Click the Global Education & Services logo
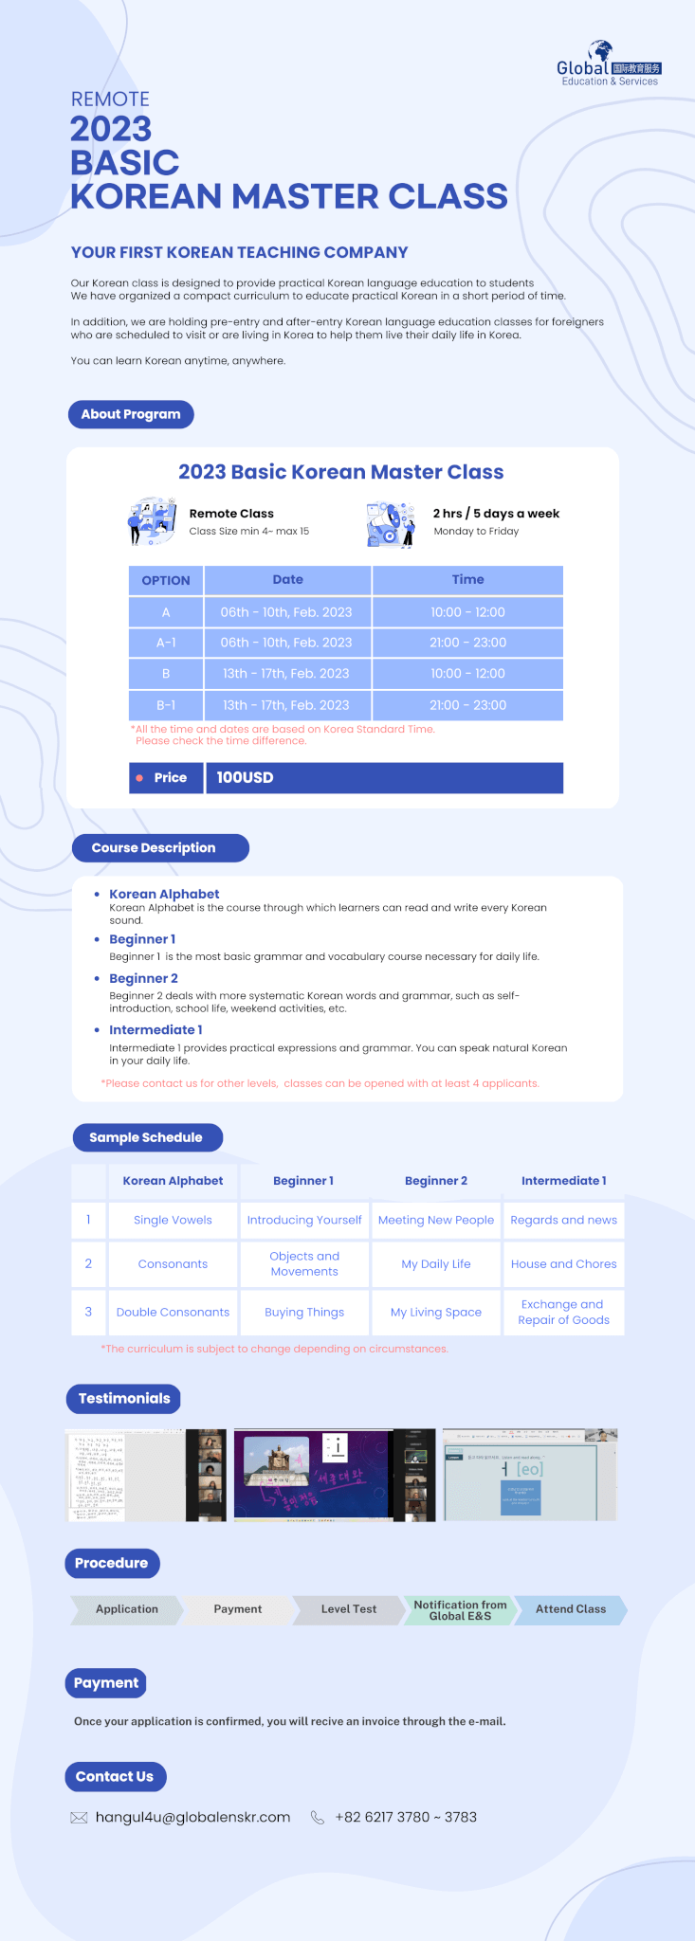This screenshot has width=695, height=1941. point(609,64)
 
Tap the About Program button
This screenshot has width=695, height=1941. point(131,414)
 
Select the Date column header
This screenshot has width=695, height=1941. point(287,580)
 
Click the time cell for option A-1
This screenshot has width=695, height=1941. point(467,643)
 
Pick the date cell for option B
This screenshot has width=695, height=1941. point(286,674)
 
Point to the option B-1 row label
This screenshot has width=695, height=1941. point(166,705)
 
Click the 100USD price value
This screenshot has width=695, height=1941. point(245,777)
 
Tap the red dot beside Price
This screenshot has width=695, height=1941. point(139,778)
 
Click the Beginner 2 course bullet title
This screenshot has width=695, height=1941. point(143,978)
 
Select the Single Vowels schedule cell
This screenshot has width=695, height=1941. point(173,1220)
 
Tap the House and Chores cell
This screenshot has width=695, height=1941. point(563,1264)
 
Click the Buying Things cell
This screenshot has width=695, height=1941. point(304,1313)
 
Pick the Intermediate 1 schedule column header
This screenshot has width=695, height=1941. point(563,1181)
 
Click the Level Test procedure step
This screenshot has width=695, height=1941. point(348,1609)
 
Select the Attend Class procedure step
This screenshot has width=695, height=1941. point(570,1609)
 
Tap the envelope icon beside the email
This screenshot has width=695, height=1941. point(80,1818)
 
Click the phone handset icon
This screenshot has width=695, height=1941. point(318,1818)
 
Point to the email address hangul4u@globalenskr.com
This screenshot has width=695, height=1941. point(192,1818)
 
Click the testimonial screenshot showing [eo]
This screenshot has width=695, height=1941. point(530,1475)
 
